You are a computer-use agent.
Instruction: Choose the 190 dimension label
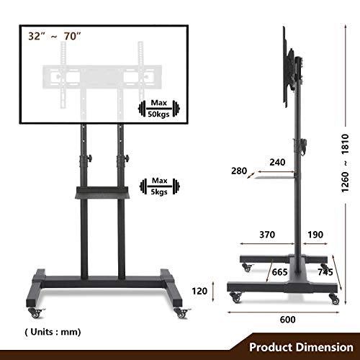pos(315,235)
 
